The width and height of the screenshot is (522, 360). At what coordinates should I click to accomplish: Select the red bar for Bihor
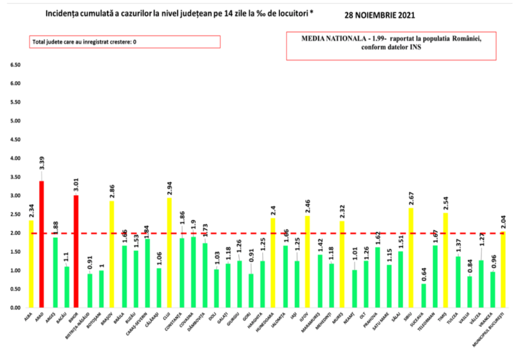click(x=77, y=251)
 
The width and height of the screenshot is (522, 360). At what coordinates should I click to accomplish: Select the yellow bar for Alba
click(x=31, y=264)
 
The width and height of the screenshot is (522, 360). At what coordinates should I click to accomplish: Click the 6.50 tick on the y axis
click(x=14, y=64)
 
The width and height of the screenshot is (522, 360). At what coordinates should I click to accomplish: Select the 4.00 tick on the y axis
click(x=14, y=158)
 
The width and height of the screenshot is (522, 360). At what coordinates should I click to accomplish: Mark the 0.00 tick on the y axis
click(x=14, y=308)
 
